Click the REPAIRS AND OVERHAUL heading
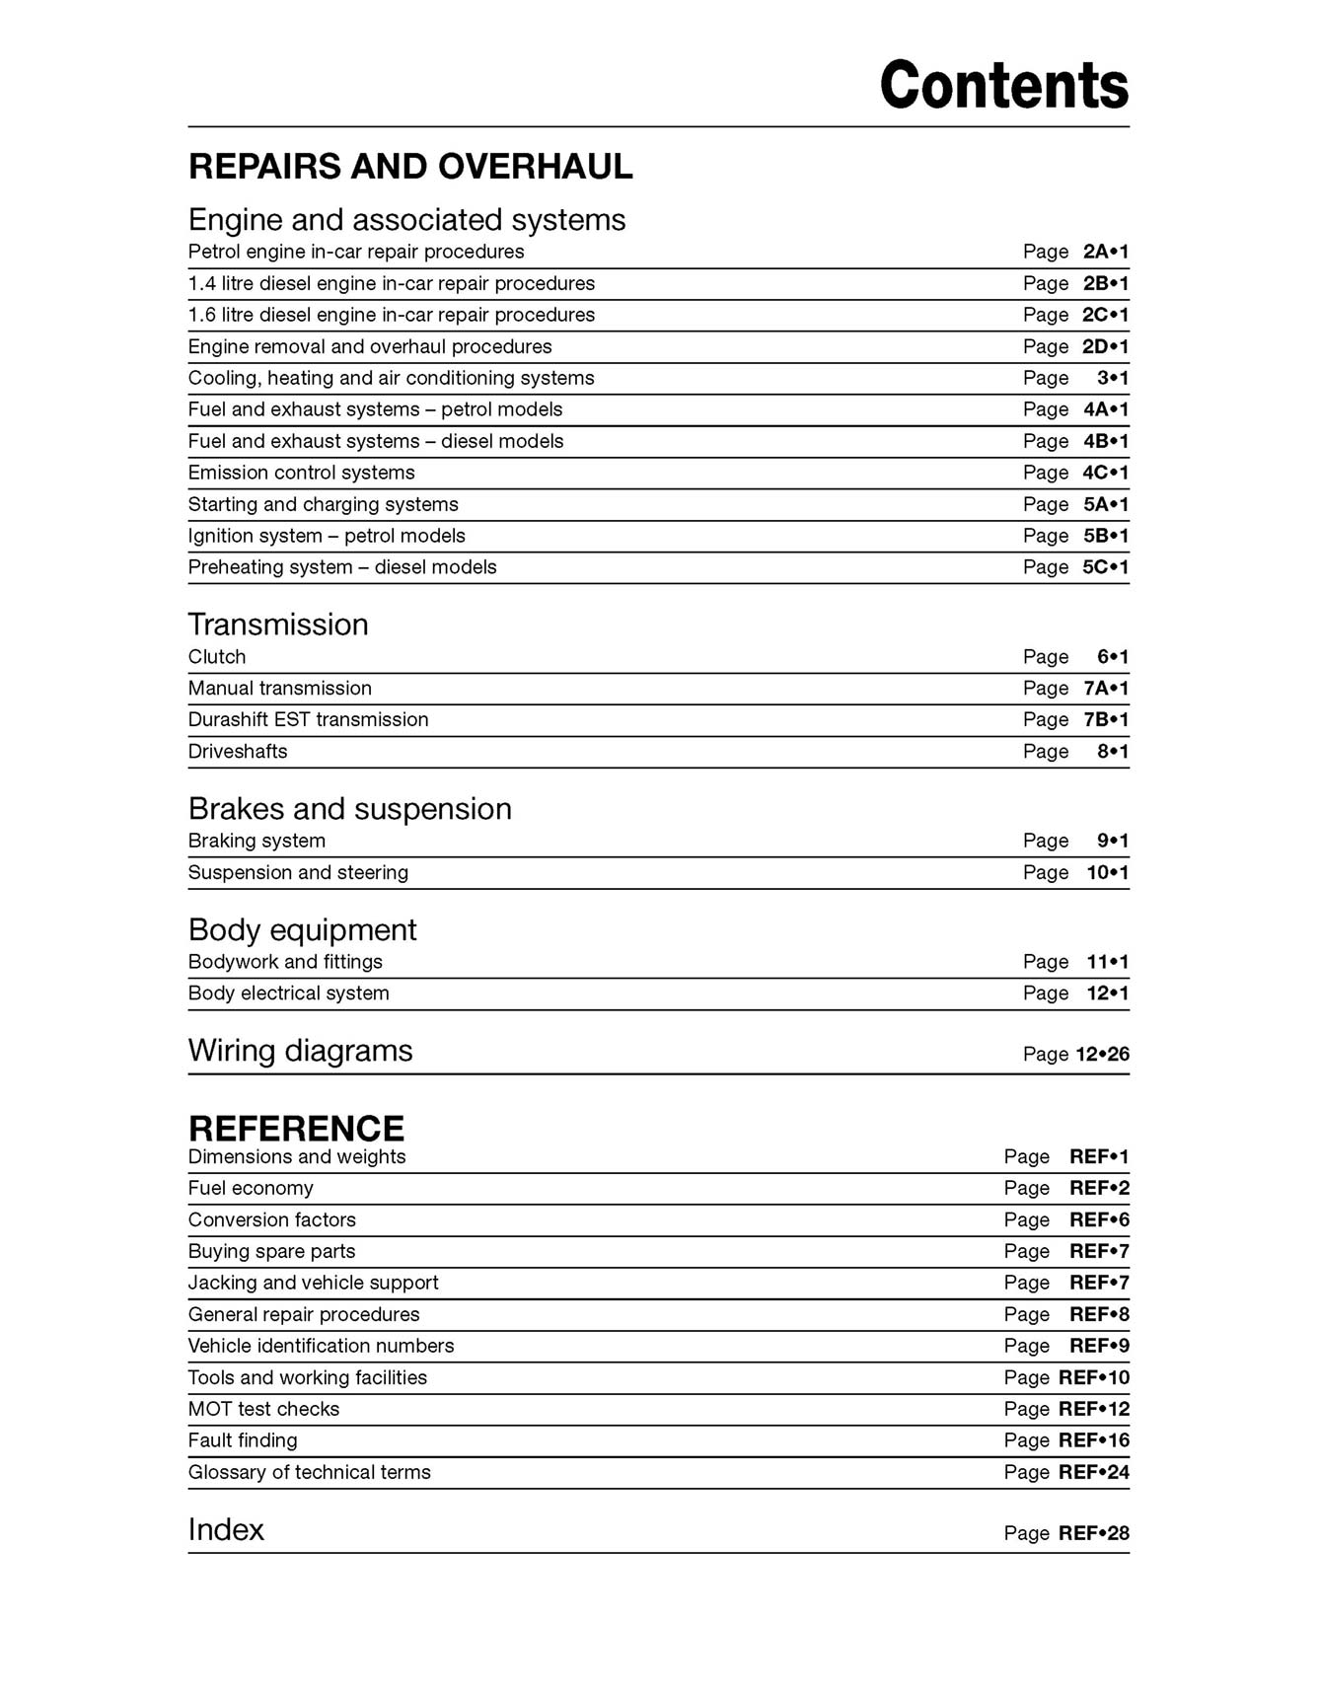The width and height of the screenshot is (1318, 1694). pos(410,167)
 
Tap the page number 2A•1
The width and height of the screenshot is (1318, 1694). pos(1105,252)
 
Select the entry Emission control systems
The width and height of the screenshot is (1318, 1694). pos(301,473)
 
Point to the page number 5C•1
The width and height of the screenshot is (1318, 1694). pos(1105,567)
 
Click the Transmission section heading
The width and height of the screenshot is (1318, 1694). pos(278,625)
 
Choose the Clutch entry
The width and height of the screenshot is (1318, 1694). pos(217,657)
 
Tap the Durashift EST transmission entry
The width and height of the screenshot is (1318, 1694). pos(308,720)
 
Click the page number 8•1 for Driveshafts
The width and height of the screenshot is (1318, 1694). pos(1113,752)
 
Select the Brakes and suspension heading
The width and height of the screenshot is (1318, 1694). pos(349,809)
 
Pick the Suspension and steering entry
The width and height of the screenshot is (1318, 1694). pos(298,873)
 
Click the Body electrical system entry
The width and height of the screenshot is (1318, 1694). pos(288,994)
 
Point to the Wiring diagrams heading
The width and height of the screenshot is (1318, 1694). pos(300,1051)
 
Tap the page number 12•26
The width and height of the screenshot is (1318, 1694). pos(1102,1055)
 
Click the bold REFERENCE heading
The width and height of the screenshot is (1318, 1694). pos(296,1129)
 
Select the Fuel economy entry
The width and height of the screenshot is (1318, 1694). pos(251,1189)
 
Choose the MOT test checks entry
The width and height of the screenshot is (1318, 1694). pos(263,1410)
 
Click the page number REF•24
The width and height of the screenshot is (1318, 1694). pos(1094,1473)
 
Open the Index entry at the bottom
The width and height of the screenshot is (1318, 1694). pos(226,1530)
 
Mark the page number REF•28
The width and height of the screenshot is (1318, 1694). pos(1094,1534)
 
